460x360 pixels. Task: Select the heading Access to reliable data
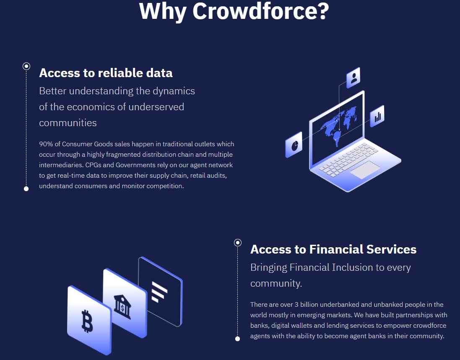coord(106,73)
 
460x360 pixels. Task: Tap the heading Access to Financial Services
coord(333,249)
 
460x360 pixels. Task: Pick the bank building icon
coord(122,307)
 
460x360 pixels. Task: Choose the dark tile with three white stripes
coord(161,292)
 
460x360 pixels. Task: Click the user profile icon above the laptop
coord(353,78)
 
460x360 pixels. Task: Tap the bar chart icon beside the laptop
coord(377,116)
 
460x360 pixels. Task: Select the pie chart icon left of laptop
coord(294,145)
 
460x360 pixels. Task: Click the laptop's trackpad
coord(365,170)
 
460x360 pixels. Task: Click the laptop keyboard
coord(348,159)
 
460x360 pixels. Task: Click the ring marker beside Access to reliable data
coord(26,66)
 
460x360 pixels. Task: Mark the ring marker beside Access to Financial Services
coord(238,243)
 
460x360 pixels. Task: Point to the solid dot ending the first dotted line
coord(26,189)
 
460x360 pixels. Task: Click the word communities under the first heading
coord(68,122)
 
